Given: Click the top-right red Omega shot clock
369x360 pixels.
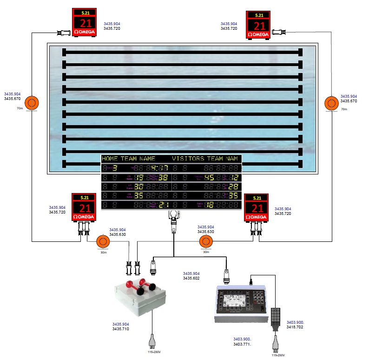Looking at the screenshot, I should point(257,25).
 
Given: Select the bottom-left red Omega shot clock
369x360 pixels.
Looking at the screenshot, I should point(84,208).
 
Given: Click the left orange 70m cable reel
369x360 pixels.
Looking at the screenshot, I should point(32,103).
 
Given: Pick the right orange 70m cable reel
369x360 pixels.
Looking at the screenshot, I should point(332,103).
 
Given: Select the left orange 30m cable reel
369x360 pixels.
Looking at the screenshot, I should point(102,242).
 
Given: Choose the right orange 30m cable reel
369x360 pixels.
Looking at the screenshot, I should point(205,242).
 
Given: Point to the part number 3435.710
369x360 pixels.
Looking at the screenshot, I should point(121,329).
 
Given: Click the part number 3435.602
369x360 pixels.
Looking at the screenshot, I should point(191,278).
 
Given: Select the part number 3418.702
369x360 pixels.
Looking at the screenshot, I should point(295,327).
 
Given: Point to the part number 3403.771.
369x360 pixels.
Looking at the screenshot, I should point(242,344).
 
